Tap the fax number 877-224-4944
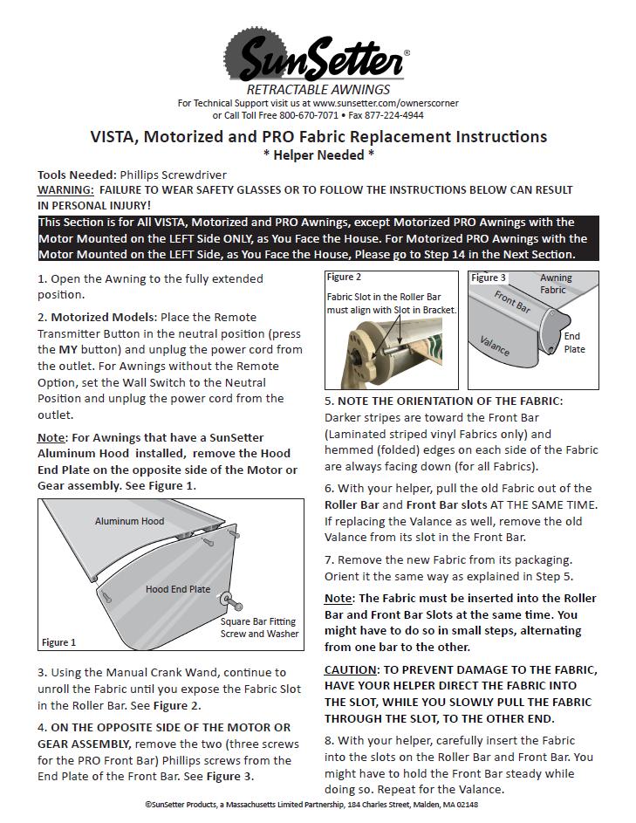394,115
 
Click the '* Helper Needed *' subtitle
318,154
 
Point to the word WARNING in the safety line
65,189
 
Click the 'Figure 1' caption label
59,642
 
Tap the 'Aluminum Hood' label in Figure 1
129,521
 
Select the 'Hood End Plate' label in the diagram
177,589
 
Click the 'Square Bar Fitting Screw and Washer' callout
259,628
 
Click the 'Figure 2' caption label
344,277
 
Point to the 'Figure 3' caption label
489,278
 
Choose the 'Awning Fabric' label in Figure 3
555,284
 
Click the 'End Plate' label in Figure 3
574,342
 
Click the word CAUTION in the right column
350,669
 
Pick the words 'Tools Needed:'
77,175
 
